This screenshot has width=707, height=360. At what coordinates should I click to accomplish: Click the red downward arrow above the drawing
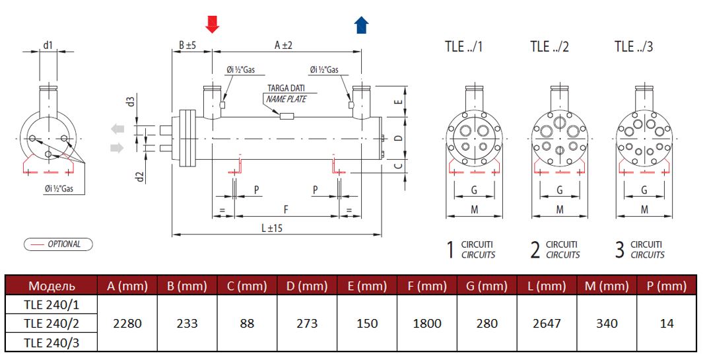(x=212, y=24)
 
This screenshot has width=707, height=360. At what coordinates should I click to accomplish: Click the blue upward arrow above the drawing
(x=361, y=25)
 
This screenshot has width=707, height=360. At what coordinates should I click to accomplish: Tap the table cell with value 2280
(x=127, y=324)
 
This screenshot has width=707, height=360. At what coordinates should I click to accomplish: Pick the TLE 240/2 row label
(x=51, y=324)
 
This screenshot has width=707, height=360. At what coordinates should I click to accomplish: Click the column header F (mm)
(x=427, y=286)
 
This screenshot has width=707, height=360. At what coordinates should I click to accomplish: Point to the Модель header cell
(x=51, y=286)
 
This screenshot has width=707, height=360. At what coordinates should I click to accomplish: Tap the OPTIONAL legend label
(x=63, y=244)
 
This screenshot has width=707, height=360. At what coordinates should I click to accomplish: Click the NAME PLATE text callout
(x=286, y=99)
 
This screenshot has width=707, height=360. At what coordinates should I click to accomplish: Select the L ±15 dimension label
(x=272, y=229)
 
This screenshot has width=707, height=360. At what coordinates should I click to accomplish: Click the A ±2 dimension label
(x=283, y=46)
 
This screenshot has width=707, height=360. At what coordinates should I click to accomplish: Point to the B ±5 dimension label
(x=187, y=46)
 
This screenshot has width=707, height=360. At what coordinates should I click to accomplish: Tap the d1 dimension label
(x=48, y=46)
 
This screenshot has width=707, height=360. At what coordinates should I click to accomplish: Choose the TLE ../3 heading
(x=635, y=46)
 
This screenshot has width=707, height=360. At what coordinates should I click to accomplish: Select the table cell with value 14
(x=667, y=324)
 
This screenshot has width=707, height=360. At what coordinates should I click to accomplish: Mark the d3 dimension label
(x=131, y=102)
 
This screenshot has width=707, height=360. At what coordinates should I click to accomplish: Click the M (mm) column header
(x=607, y=286)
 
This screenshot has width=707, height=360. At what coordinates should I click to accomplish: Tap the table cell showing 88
(x=248, y=324)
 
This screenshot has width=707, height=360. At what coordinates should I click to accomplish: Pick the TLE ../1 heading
(x=463, y=46)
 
